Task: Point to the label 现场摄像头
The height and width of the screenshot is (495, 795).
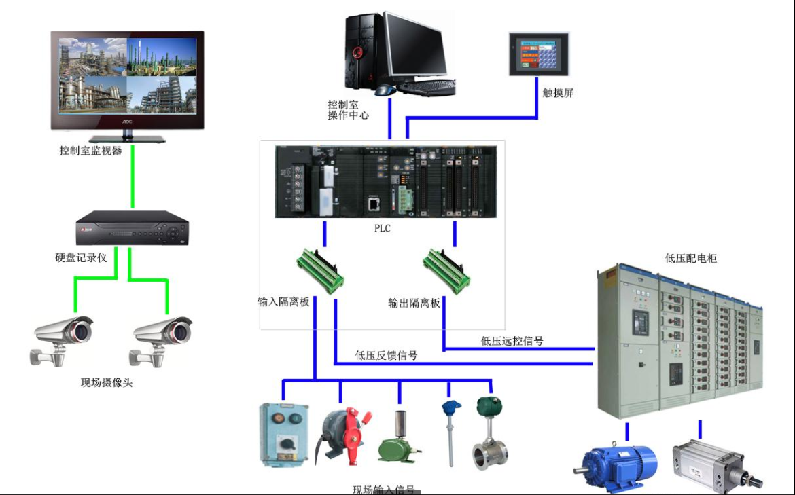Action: tap(107, 383)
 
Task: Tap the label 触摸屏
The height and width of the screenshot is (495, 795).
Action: tap(558, 93)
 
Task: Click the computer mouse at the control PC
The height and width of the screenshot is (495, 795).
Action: tap(385, 90)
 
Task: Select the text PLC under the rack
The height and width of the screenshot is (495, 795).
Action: tap(383, 229)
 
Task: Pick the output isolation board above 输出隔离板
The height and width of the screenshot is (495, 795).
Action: tap(447, 270)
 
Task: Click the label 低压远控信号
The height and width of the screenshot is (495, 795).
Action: tap(512, 341)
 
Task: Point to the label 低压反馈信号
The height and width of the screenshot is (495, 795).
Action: tap(386, 355)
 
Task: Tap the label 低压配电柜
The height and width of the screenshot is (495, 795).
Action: tap(691, 258)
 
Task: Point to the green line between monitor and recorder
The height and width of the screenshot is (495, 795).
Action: tap(132, 177)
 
